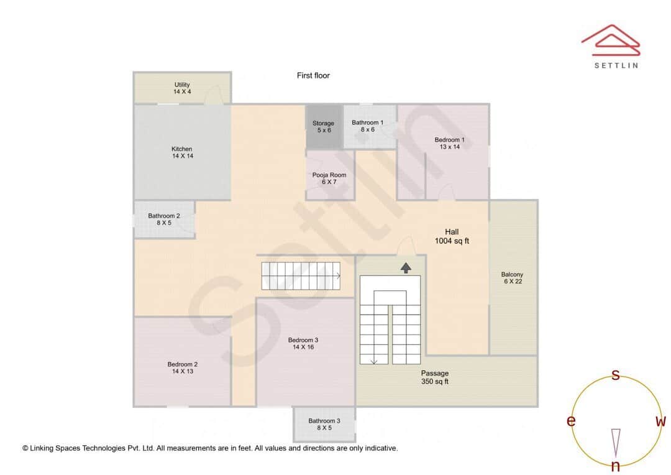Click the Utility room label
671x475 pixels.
[182, 88]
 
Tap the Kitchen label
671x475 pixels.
[182, 152]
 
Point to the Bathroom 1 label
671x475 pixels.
[368, 126]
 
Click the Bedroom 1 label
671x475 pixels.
[449, 143]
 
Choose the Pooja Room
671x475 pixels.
[329, 178]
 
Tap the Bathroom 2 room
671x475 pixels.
[164, 219]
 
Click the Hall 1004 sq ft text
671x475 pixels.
[452, 236]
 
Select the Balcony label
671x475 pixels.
[513, 277]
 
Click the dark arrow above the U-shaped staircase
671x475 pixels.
[406, 268]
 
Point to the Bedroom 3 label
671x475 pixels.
[303, 343]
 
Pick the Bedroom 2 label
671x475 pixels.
[183, 367]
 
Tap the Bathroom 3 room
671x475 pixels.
[324, 424]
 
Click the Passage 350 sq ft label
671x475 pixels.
[435, 377]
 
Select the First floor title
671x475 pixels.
[313, 76]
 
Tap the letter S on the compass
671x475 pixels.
[616, 375]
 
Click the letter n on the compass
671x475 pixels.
[616, 466]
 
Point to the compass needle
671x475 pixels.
[616, 442]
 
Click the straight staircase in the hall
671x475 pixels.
[301, 276]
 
